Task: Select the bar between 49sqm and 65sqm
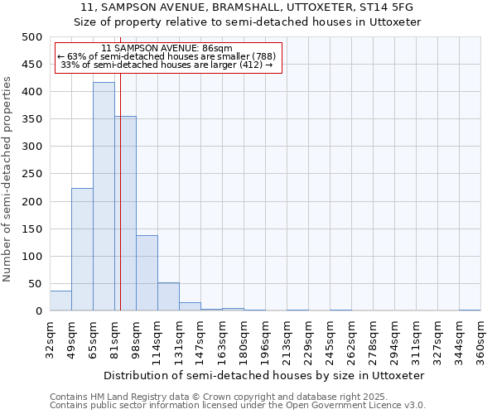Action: (82, 249)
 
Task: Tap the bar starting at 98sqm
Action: (147, 273)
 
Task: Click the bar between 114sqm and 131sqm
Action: (168, 297)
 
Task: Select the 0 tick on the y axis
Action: (38, 311)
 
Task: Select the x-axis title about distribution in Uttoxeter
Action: (265, 375)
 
